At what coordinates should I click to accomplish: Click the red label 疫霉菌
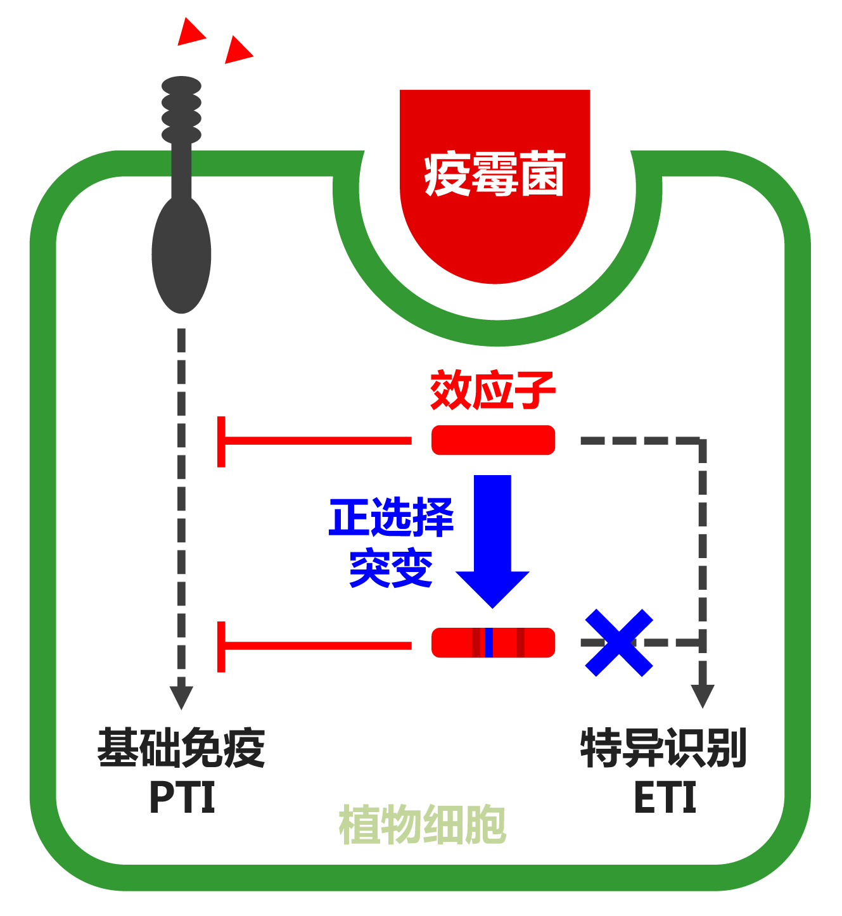coord(494,174)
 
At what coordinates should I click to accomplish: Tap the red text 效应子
coord(492,391)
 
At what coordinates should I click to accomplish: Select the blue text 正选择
coord(391,518)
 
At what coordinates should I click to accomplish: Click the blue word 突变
coord(391,568)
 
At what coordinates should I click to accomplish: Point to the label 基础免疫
coord(181,748)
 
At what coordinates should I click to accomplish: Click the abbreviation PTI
coord(182,798)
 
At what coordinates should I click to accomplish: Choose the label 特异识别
coord(663,748)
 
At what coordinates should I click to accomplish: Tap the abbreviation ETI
coord(665,798)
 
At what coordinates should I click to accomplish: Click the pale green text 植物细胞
coord(423,825)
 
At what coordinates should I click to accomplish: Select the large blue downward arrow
coord(492,538)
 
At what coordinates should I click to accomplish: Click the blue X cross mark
coord(618,643)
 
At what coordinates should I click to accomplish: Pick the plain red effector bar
coord(493,440)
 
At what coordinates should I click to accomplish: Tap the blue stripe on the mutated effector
coord(488,643)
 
